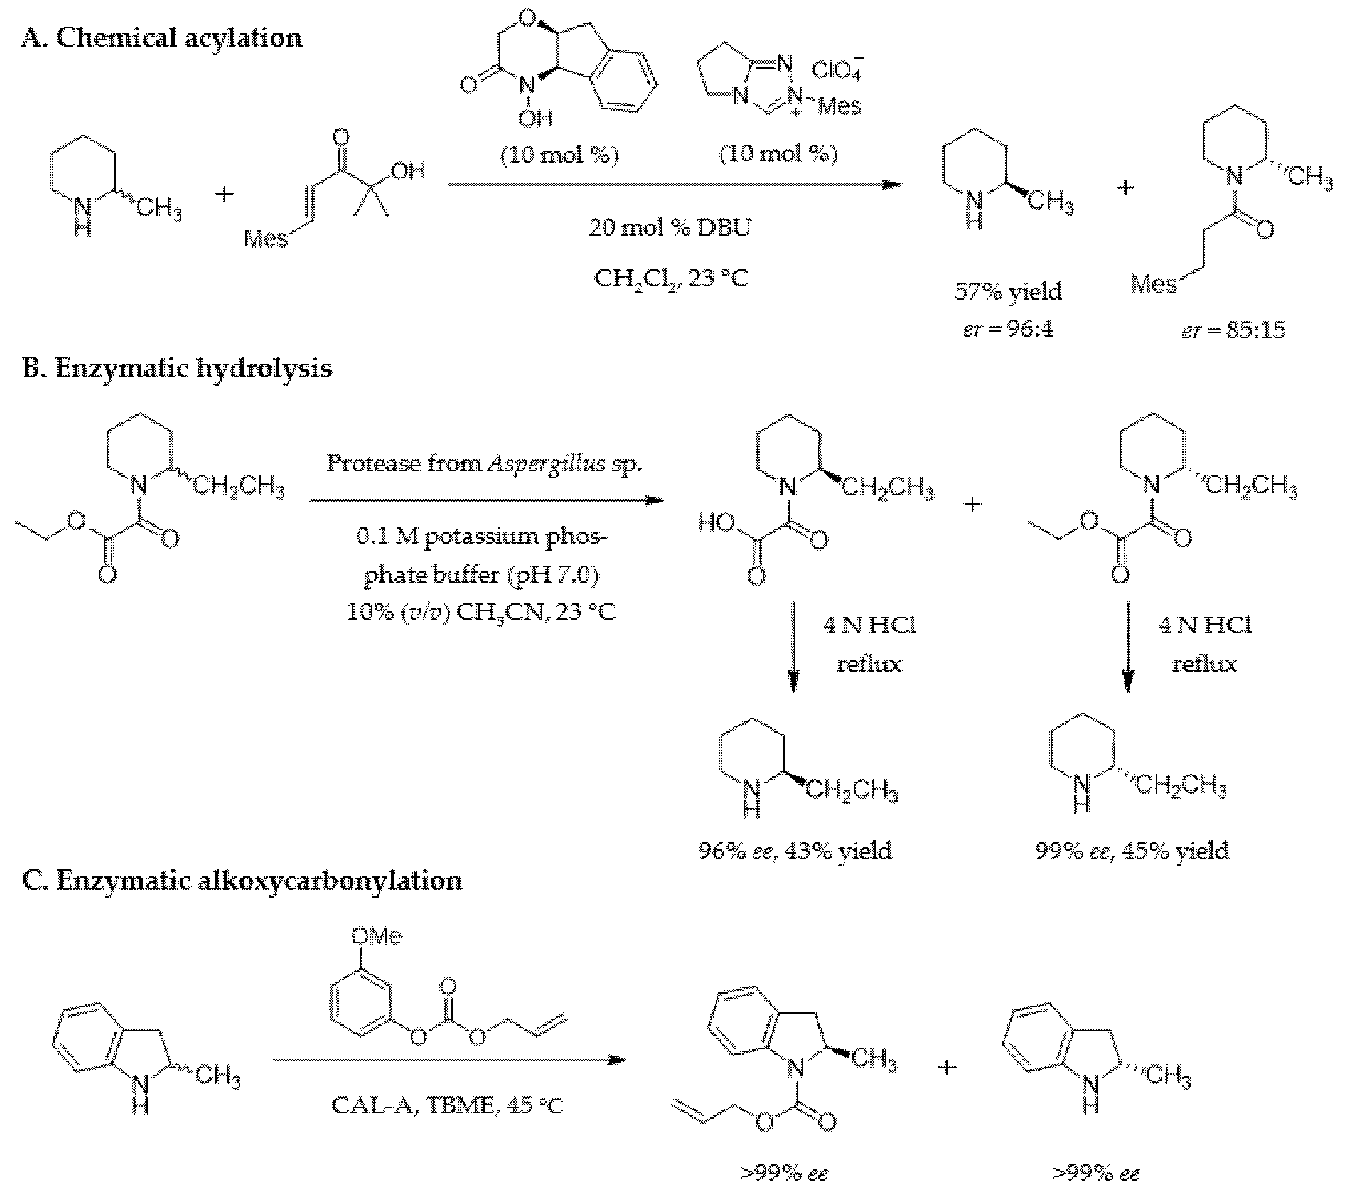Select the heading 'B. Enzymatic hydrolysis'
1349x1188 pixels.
tap(176, 368)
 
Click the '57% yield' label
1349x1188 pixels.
tap(1008, 291)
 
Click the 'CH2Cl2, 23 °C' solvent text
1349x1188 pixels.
tap(671, 278)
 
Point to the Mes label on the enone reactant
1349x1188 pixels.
tap(265, 238)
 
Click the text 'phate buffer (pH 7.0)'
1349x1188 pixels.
tap(480, 575)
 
